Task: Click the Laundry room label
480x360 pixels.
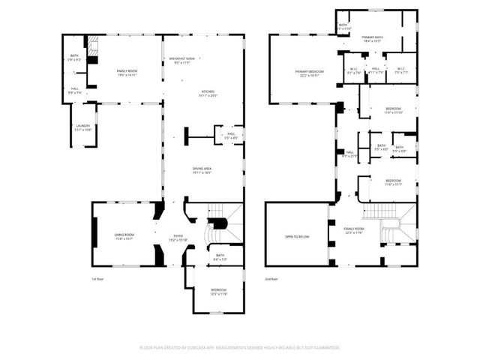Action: pyautogui.click(x=82, y=127)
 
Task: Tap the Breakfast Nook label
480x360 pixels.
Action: pyautogui.click(x=182, y=61)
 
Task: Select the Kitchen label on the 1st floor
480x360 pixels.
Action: pyautogui.click(x=207, y=94)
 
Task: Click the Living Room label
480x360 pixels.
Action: pyautogui.click(x=124, y=236)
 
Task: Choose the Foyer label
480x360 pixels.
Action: pyautogui.click(x=173, y=238)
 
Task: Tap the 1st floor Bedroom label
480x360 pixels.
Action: pyautogui.click(x=217, y=291)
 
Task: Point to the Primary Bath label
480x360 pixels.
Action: pyautogui.click(x=373, y=39)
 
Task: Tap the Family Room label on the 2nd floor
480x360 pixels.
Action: pyautogui.click(x=353, y=230)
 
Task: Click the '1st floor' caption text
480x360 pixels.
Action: pyautogui.click(x=98, y=279)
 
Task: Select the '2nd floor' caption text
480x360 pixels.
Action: pyautogui.click(x=271, y=279)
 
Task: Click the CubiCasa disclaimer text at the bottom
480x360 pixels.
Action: pyautogui.click(x=240, y=347)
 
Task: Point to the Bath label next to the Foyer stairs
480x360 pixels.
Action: pyautogui.click(x=220, y=257)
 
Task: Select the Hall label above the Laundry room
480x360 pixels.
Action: pyautogui.click(x=75, y=91)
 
